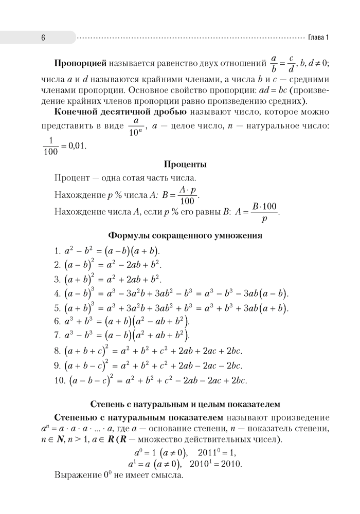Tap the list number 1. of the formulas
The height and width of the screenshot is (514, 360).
tap(58, 251)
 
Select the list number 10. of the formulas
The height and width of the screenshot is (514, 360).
tap(60, 381)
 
